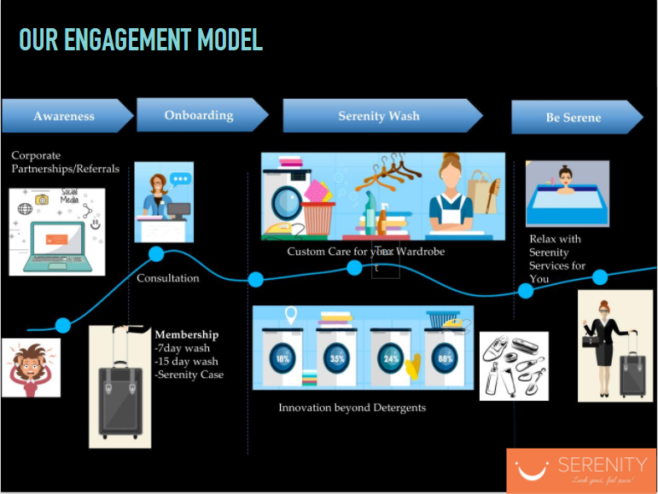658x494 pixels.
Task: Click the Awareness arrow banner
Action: [65, 116]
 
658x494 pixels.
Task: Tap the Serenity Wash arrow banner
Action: [379, 116]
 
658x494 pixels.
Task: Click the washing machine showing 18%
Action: [283, 356]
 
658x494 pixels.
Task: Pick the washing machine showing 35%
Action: [336, 356]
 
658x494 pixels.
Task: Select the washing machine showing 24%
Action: [389, 356]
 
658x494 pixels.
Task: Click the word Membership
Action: [186, 334]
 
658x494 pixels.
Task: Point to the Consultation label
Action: [167, 278]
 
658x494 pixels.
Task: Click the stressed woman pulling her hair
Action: [31, 367]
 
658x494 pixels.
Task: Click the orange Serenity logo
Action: [581, 470]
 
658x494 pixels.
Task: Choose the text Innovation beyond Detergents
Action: [352, 408]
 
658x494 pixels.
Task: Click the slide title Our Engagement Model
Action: [141, 39]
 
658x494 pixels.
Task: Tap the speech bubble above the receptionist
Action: [180, 179]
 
